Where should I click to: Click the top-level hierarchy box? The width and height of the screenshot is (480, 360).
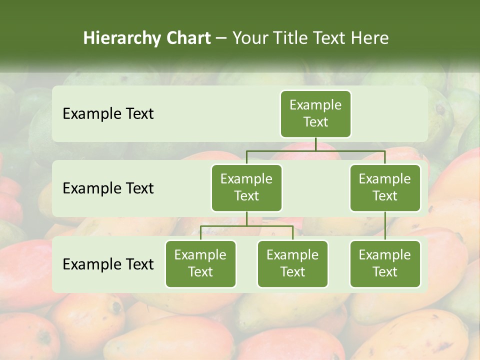tap(315, 113)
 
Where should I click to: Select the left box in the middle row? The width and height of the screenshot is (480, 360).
tap(246, 187)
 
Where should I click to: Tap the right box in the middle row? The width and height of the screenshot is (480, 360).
tap(385, 187)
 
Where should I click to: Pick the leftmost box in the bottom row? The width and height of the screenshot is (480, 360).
tap(200, 263)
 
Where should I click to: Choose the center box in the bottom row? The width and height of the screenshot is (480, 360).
tap(292, 263)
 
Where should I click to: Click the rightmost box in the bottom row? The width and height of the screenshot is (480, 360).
tap(385, 263)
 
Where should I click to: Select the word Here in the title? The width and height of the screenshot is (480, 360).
tap(370, 38)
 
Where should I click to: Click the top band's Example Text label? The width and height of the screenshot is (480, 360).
tap(108, 114)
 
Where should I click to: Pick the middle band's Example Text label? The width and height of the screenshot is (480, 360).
tap(108, 188)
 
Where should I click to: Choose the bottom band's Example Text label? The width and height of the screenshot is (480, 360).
tap(108, 264)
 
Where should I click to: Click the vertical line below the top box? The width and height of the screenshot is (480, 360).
tap(315, 144)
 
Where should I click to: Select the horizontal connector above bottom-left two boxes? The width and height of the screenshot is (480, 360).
tap(246, 226)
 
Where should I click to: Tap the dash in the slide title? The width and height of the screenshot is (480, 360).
tap(221, 38)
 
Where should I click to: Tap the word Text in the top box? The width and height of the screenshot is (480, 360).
tap(315, 122)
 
